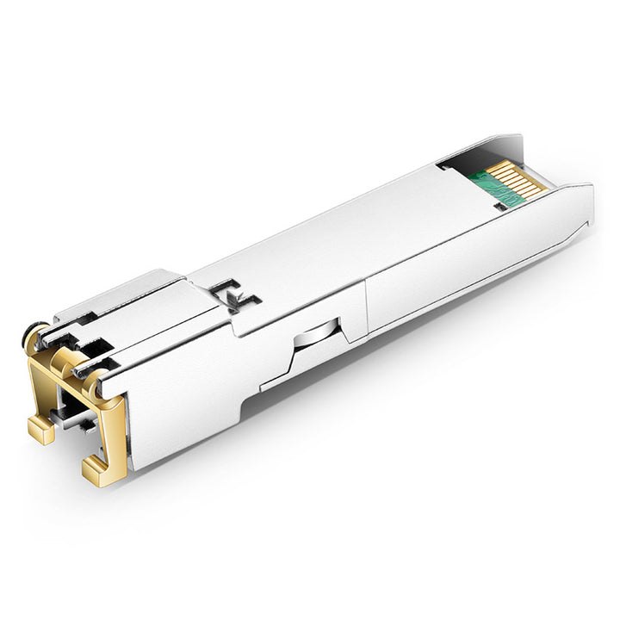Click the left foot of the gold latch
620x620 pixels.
click(x=40, y=427)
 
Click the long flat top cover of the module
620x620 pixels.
click(x=344, y=232)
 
